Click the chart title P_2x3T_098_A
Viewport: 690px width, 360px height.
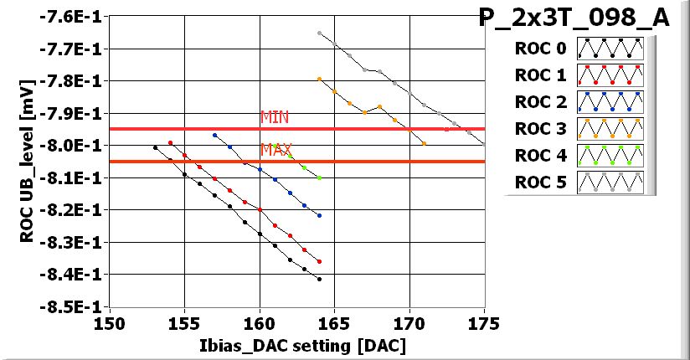pos(574,18)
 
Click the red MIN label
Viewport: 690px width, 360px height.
pos(274,117)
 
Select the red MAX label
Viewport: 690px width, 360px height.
pos(275,150)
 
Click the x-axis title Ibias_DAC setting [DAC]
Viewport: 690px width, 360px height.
pos(297,344)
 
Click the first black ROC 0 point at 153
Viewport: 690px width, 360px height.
pos(155,147)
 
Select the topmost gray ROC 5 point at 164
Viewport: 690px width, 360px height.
pos(320,33)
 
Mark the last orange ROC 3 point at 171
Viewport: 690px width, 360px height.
pos(425,143)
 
